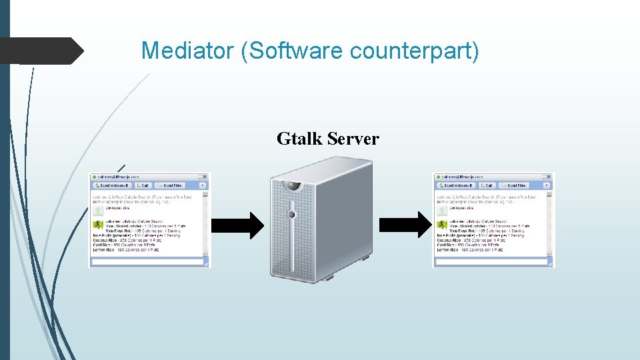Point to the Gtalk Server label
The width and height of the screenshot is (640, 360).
(327, 139)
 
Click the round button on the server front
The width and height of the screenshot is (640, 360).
(291, 214)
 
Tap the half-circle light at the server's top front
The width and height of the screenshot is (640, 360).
(291, 187)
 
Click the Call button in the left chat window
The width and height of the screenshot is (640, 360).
(143, 185)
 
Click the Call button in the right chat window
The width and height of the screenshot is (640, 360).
(487, 185)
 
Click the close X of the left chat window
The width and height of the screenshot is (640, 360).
(205, 177)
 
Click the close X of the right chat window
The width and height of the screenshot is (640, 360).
(549, 177)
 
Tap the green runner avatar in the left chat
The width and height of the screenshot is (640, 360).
(97, 223)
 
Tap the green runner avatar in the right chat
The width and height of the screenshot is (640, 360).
(441, 223)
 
